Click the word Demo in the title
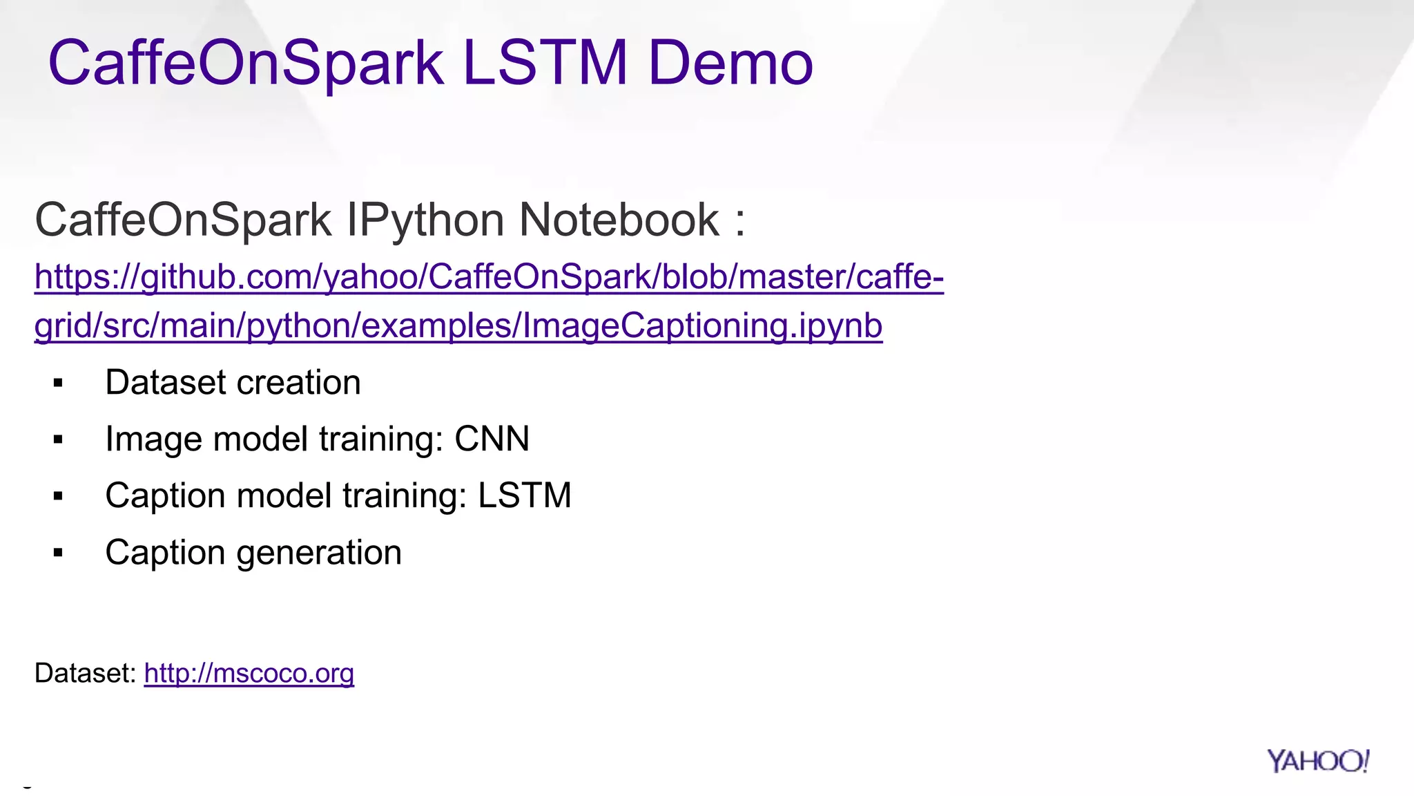point(730,64)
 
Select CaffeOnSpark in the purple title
point(245,64)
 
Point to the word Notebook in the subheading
point(619,220)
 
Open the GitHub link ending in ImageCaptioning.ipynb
point(458,325)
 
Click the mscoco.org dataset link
point(249,673)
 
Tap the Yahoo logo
point(1317,761)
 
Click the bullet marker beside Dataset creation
point(58,383)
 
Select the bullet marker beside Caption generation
point(58,553)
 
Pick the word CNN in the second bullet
point(492,439)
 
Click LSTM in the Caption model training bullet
point(524,495)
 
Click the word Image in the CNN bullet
point(153,439)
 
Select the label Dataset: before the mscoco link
point(86,673)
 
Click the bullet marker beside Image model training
point(58,439)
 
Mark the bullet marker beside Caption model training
point(58,496)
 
